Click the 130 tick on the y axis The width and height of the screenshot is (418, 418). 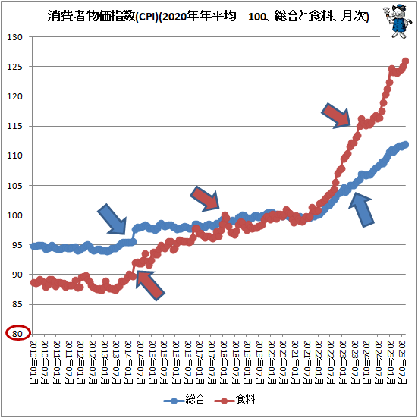coord(16,37)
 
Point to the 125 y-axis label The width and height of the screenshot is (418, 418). coord(16,67)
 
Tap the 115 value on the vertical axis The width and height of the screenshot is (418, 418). coord(16,126)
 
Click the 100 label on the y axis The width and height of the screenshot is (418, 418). coord(16,215)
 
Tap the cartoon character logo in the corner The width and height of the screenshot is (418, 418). coord(395,20)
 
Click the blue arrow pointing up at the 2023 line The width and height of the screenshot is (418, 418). coord(363,209)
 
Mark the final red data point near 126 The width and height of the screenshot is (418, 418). coord(406,61)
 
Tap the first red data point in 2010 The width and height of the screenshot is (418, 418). coord(33,282)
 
